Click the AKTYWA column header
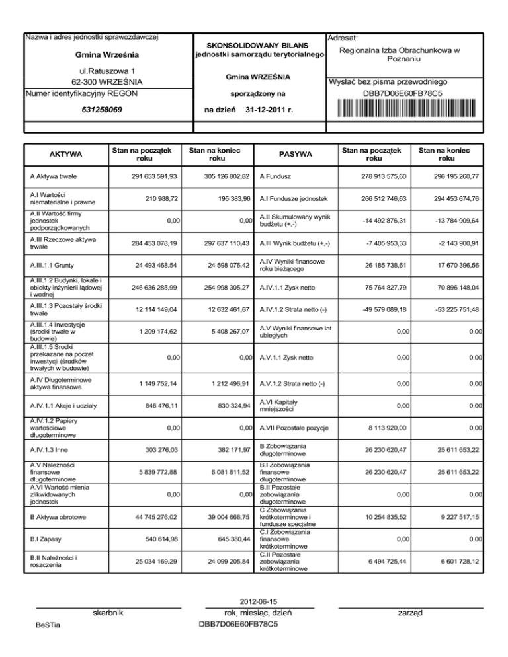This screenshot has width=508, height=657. (x=65, y=155)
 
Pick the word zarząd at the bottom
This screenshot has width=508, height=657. (x=411, y=613)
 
